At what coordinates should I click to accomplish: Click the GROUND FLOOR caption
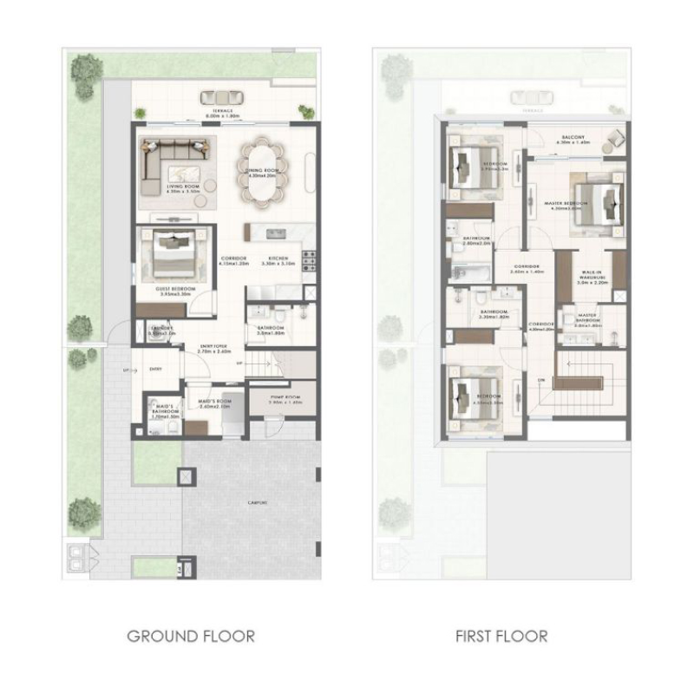click(x=191, y=636)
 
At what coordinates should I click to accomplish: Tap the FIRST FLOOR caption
click(x=502, y=636)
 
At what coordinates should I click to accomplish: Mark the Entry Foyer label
click(x=213, y=348)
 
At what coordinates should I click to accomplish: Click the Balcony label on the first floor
click(x=575, y=139)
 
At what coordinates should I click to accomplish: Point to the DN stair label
click(x=540, y=380)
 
